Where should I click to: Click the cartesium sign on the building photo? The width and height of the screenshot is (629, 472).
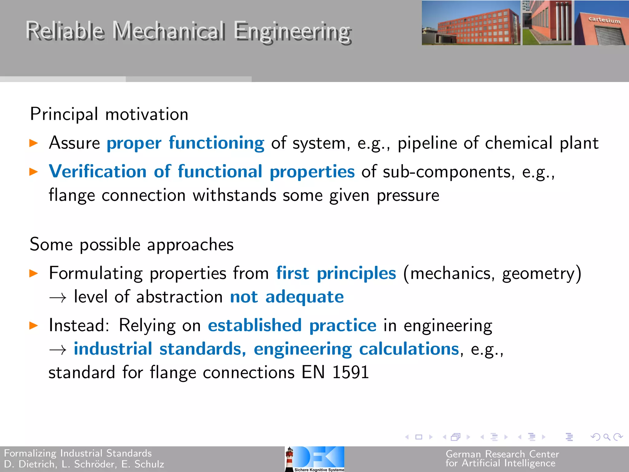point(604,21)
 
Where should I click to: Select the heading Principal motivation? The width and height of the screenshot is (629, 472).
point(109,114)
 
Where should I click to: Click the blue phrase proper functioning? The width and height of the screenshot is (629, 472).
point(185,143)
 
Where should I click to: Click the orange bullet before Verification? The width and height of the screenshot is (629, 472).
point(33,171)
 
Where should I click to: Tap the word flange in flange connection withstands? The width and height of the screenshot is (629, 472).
point(72,195)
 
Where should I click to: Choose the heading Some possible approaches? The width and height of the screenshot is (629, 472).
point(131,245)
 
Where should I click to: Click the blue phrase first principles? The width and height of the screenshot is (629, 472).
point(336,273)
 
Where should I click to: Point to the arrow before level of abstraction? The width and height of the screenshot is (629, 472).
point(58,297)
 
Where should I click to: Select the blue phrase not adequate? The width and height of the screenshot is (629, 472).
point(287,297)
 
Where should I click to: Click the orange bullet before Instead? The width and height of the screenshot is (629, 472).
point(33,325)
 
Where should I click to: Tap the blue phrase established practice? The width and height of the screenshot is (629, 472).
point(292,325)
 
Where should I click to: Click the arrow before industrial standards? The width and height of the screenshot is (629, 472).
point(58,350)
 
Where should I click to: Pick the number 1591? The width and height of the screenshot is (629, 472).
point(350,372)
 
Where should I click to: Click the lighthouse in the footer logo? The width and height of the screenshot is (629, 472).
point(289,459)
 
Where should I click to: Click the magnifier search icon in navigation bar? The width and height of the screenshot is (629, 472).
point(606,437)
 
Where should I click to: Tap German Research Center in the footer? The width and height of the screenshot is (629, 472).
point(502,454)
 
